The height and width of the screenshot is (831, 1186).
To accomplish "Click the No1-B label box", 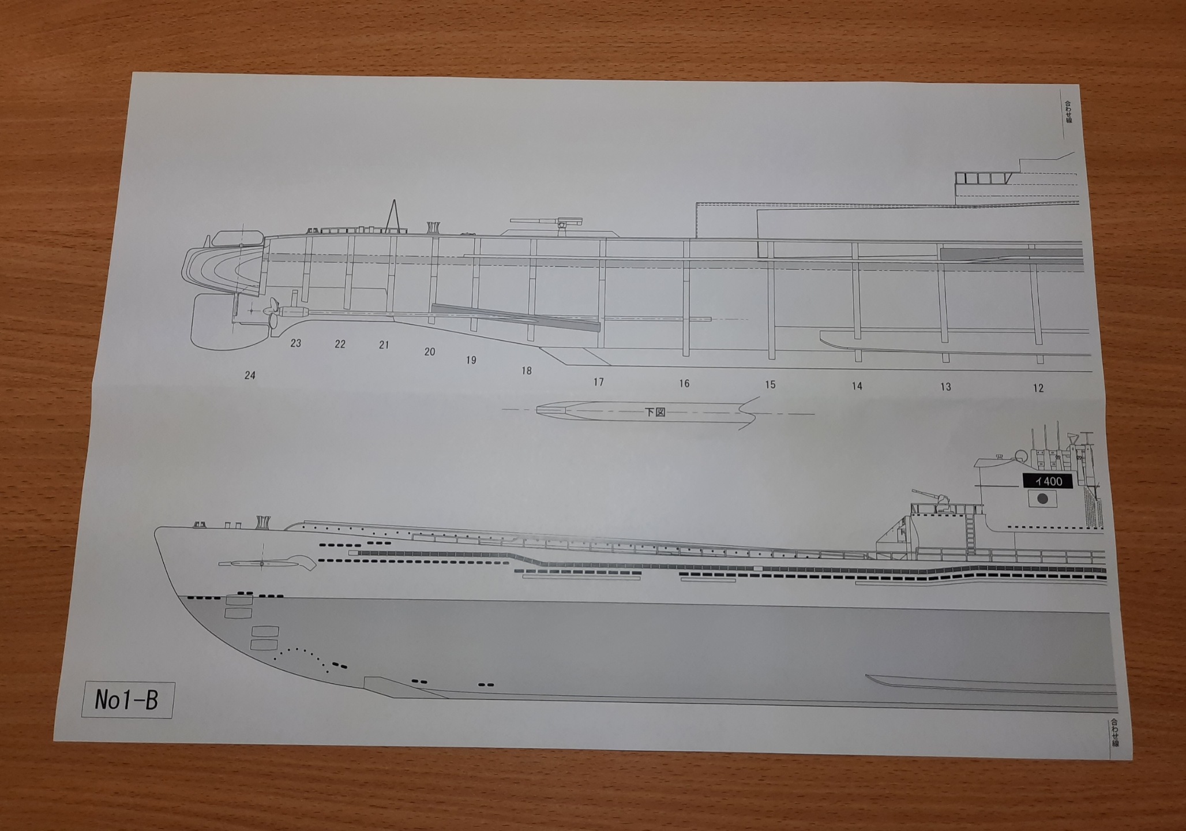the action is [x=127, y=700].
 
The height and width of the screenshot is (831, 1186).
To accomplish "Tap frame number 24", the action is [x=250, y=376].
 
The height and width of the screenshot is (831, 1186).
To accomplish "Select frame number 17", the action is [x=599, y=382].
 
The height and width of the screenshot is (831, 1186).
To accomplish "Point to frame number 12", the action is [x=1038, y=388].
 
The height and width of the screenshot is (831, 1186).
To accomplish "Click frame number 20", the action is [x=430, y=352].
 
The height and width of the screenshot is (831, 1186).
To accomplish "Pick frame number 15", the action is [x=770, y=385].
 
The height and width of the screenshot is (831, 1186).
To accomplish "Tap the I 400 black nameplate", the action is [x=1048, y=481].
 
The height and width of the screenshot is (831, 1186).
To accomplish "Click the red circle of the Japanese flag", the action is [x=1042, y=499].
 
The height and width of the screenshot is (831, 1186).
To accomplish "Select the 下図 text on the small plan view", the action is [x=655, y=412].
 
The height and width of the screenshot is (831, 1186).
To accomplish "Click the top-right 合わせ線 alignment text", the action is [x=1068, y=112].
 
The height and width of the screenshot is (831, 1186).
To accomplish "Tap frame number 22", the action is [x=340, y=345].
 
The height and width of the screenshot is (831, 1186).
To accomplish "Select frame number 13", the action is [x=945, y=387].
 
